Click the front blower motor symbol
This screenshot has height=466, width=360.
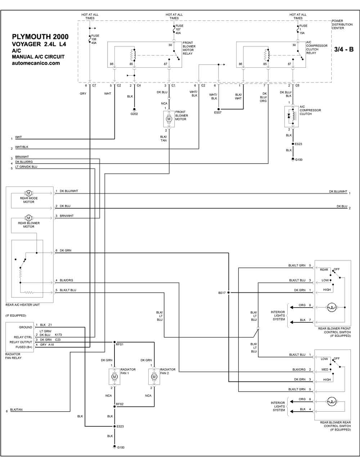pos(169,119)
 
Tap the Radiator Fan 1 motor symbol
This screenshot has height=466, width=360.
pos(114,377)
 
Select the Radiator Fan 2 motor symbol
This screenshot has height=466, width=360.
pos(154,377)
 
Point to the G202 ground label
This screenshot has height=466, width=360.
pos(134,114)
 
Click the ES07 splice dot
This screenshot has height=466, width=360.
pos(219,109)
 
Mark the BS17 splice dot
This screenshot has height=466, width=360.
pos(229,292)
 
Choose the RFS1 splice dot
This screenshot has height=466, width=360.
pos(114,342)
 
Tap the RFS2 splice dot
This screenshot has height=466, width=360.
pos(114,406)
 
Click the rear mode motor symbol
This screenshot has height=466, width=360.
pos(28,193)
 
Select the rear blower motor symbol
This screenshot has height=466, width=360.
pos(28,218)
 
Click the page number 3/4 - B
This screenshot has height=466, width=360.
pos(344,49)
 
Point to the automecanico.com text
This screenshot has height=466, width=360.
pos(36,63)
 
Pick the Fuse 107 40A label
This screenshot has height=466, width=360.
pos(178,30)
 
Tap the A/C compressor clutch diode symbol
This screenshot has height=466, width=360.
pos(289,116)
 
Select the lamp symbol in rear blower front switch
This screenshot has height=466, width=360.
pos(332,307)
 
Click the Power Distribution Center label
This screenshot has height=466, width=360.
pos(342,24)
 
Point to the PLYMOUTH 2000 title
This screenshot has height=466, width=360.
pos(40,37)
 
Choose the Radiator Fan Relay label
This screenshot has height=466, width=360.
pos(13,356)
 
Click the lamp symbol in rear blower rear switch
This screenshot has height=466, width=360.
pos(332,402)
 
